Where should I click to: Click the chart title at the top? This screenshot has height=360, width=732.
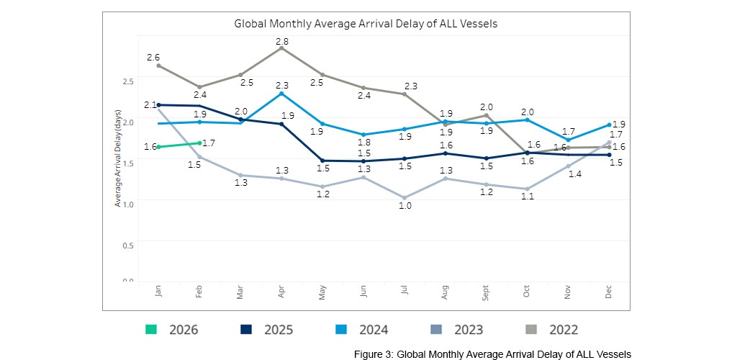pyautogui.click(x=366, y=24)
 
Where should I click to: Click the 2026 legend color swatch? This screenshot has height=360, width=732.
pyautogui.click(x=150, y=330)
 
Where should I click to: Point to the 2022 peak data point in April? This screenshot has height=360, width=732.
pyautogui.click(x=281, y=48)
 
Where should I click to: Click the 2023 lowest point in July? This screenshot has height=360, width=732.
pyautogui.click(x=405, y=197)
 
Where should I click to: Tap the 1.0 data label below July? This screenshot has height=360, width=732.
pyautogui.click(x=405, y=207)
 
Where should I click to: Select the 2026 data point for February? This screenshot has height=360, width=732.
pyautogui.click(x=199, y=143)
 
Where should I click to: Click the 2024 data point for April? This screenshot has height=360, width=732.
pyautogui.click(x=281, y=94)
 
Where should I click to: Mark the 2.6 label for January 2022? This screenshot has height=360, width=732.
pyautogui.click(x=153, y=57)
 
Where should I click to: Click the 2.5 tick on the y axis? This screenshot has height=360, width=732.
pyautogui.click(x=127, y=81)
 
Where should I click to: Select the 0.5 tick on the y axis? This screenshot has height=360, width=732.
pyautogui.click(x=127, y=246)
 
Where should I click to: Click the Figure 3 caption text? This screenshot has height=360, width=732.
pyautogui.click(x=492, y=354)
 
